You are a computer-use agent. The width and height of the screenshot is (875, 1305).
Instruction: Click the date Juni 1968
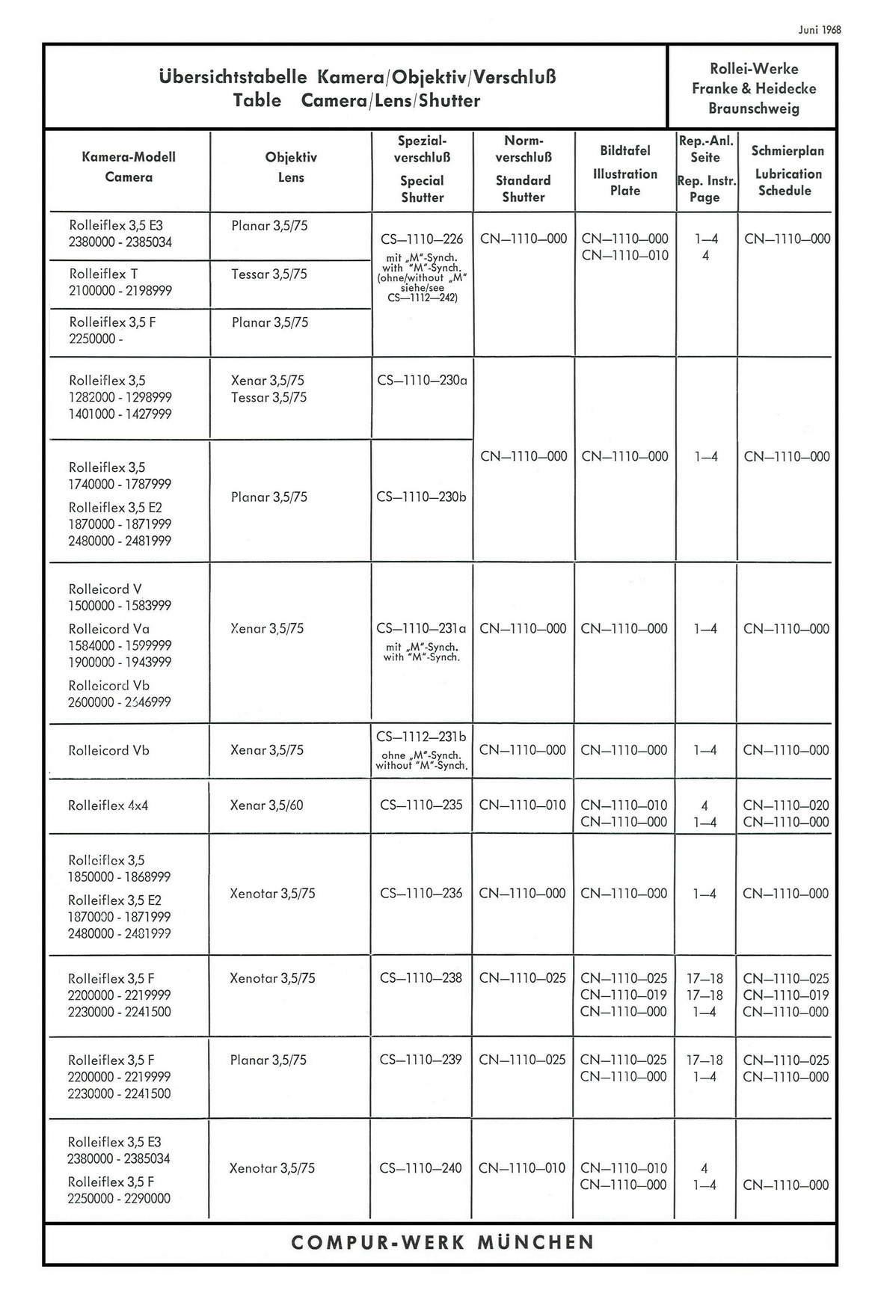pos(820,30)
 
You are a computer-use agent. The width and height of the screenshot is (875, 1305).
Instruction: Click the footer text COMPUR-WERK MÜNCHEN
pos(442,1242)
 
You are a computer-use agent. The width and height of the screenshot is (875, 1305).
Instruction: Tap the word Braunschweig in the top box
pos(753,108)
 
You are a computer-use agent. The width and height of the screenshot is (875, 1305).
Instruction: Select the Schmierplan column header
pos(787,150)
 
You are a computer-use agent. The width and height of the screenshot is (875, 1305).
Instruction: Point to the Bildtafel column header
pos(624,150)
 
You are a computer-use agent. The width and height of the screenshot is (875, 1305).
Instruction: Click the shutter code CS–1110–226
pos(422,239)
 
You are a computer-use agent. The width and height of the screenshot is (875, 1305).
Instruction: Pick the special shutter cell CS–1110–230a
pos(422,380)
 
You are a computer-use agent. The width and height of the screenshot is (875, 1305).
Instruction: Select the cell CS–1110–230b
pos(422,497)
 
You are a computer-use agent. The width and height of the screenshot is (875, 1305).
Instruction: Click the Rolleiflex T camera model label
pos(103,274)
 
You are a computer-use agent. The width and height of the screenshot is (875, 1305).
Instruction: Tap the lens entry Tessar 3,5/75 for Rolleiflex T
pos(268,274)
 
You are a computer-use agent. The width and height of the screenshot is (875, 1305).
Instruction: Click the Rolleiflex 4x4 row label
pos(108,805)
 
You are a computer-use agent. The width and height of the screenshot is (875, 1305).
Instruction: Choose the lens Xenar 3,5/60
pos(267,805)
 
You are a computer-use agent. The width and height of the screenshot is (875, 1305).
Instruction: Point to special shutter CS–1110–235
pos(421,805)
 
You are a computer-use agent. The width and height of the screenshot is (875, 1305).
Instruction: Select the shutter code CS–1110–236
pos(421,893)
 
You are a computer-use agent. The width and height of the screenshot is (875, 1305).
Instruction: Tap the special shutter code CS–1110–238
pos(421,978)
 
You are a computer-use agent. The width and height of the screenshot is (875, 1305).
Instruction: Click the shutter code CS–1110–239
pos(421,1060)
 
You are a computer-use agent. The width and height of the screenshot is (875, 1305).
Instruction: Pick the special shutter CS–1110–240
pos(421,1167)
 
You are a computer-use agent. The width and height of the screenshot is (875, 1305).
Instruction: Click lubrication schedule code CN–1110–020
pos(786,805)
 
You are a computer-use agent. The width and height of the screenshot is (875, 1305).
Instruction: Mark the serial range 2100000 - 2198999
pos(120,290)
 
